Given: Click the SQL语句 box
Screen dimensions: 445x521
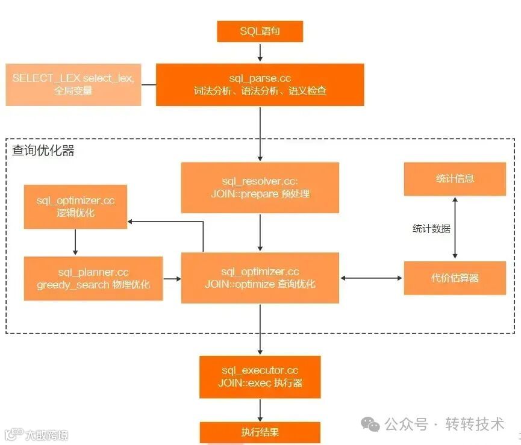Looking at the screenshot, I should pyautogui.click(x=260, y=32).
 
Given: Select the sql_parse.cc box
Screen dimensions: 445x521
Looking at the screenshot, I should pyautogui.click(x=260, y=85).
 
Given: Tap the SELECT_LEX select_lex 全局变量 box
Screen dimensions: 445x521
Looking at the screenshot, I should pyautogui.click(x=73, y=85).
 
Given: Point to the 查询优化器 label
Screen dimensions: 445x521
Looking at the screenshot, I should pyautogui.click(x=43, y=151).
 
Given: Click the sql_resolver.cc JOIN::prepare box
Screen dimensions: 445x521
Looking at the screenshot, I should pyautogui.click(x=260, y=187).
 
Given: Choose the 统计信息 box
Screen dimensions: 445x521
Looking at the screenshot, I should pyautogui.click(x=455, y=179).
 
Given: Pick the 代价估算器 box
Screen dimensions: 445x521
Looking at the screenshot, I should pyautogui.click(x=455, y=278).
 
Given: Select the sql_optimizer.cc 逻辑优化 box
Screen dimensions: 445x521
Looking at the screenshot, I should pyautogui.click(x=75, y=207).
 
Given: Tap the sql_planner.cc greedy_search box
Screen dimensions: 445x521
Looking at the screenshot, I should pyautogui.click(x=93, y=278).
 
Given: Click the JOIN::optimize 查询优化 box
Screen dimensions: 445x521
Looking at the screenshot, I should pyautogui.click(x=260, y=278).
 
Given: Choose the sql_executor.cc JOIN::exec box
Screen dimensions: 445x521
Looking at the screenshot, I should pyautogui.click(x=260, y=377).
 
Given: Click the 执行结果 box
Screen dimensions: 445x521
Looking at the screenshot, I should pyautogui.click(x=260, y=432).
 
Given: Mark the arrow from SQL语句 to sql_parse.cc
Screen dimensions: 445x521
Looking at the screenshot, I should pyautogui.click(x=260, y=53).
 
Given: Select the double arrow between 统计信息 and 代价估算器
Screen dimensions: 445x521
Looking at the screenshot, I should pyautogui.click(x=455, y=229).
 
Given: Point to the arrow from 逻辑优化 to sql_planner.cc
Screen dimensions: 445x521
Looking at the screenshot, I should pyautogui.click(x=75, y=242).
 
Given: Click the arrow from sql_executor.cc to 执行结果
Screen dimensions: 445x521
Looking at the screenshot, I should pyautogui.click(x=260, y=409).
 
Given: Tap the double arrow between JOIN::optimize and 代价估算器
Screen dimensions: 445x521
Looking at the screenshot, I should pyautogui.click(x=371, y=278).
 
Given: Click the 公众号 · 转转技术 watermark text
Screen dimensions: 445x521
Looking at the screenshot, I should pyautogui.click(x=443, y=425).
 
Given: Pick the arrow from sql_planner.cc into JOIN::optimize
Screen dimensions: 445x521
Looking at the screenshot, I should pyautogui.click(x=172, y=279).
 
